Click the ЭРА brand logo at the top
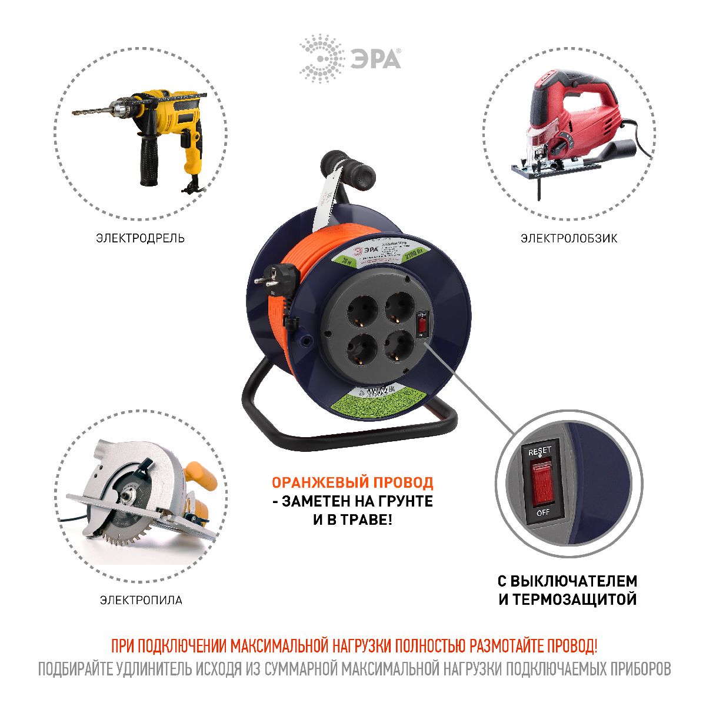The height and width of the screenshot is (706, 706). click(350, 58)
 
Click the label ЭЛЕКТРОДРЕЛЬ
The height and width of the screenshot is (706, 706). click(141, 238)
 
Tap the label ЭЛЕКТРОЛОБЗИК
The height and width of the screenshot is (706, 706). click(568, 238)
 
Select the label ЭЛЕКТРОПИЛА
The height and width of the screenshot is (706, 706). click(141, 600)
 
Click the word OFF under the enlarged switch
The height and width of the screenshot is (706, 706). click(542, 512)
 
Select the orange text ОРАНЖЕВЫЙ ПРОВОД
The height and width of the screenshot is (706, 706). click(352, 482)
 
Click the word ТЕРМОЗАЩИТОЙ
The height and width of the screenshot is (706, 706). click(575, 600)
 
